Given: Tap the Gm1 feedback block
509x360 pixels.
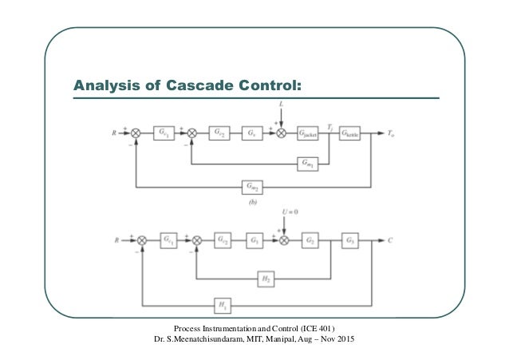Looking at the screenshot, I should coord(308,163).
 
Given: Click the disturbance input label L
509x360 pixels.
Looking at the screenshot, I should coord(281,105).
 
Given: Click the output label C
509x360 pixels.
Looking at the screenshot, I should coord(390,239).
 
